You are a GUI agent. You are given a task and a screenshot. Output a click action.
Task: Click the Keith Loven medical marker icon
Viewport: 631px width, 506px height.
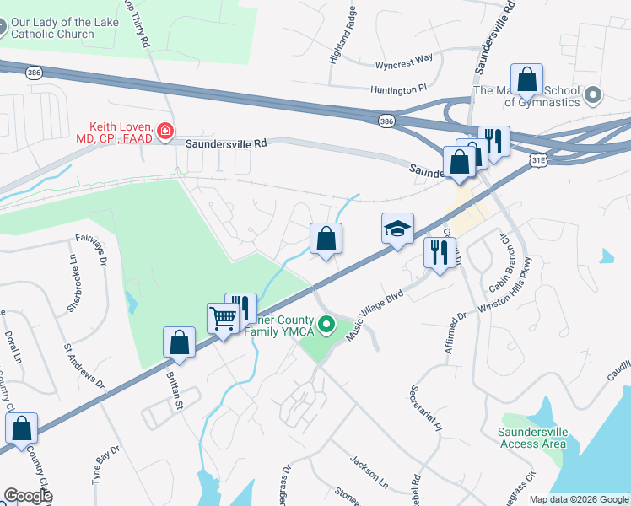click(x=164, y=131)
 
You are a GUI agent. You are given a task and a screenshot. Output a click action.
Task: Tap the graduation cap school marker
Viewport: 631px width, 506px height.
click(x=397, y=228)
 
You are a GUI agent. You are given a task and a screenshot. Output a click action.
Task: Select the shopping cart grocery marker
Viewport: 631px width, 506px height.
click(x=223, y=319)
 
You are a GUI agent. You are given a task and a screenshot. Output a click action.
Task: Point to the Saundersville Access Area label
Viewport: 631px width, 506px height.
click(x=531, y=438)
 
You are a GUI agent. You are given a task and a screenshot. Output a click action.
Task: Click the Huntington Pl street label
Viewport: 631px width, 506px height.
click(x=399, y=89)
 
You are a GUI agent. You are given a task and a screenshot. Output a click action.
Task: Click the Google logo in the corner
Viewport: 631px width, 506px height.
click(x=27, y=496)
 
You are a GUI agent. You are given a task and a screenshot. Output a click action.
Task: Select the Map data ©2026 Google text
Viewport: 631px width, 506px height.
click(x=578, y=499)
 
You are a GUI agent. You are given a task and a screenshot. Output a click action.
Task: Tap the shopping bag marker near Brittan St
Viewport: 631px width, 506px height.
click(x=179, y=342)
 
